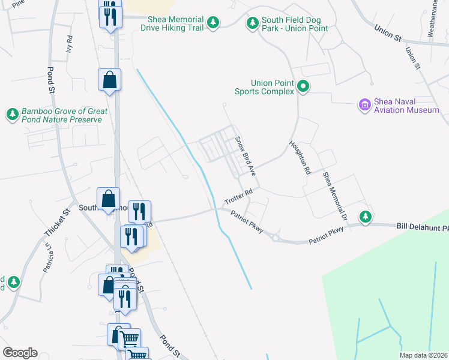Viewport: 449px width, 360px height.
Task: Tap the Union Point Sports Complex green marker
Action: (303, 87)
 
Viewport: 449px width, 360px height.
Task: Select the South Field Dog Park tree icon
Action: (252, 23)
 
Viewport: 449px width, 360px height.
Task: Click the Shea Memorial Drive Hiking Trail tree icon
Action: (212, 23)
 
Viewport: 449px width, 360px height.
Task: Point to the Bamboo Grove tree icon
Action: (12, 113)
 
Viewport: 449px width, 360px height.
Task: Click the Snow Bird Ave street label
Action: (246, 156)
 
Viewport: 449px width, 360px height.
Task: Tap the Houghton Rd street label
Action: (299, 158)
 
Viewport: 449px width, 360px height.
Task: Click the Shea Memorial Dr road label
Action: (335, 194)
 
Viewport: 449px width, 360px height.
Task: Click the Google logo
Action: (19, 353)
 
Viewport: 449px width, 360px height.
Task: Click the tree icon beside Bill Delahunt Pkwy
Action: (364, 216)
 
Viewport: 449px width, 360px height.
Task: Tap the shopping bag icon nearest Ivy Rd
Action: (109, 80)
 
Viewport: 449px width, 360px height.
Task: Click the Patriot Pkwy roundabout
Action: (276, 238)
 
